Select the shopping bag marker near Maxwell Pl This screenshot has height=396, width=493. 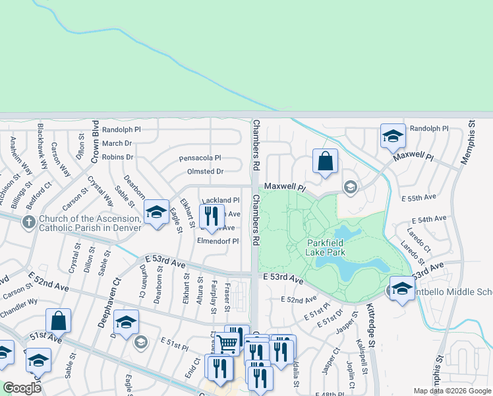point(325,161)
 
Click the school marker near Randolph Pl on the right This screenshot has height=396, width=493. point(393,137)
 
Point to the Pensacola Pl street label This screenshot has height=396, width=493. point(200,158)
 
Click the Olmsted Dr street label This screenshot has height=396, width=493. point(206,171)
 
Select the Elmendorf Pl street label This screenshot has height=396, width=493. point(217,241)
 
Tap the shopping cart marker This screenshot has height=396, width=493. point(227,343)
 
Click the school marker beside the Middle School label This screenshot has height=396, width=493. point(402,289)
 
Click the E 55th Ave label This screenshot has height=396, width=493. point(419,197)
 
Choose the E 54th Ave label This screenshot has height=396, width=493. point(429,218)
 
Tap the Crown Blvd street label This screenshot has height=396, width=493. point(96,142)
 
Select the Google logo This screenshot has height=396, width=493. point(22,388)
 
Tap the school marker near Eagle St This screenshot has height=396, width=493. point(156,213)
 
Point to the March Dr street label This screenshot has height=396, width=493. point(117,143)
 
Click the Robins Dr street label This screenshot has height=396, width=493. point(119,157)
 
